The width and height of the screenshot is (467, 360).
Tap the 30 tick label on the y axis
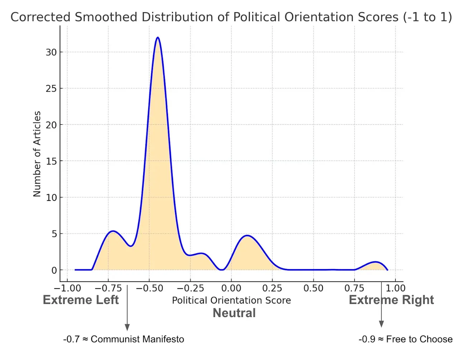tap(51, 52)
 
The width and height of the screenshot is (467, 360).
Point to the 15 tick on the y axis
tap(51, 161)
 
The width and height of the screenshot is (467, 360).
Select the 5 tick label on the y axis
tap(54, 234)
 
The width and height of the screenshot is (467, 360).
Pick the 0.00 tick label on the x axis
tap(231, 288)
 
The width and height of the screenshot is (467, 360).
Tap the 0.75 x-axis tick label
tap(354, 288)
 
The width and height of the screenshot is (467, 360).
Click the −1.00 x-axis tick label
tap(67, 288)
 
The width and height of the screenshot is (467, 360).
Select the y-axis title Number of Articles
tap(37, 154)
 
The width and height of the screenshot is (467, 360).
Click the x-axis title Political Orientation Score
tap(231, 300)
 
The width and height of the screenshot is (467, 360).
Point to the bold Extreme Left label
tap(81, 300)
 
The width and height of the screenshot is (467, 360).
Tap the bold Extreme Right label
tap(391, 300)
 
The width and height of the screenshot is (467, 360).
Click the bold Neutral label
tap(234, 313)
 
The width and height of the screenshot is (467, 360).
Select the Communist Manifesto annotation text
tap(124, 339)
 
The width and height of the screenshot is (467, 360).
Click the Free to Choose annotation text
tap(405, 339)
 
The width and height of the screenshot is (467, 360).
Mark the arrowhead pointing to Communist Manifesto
tap(127, 327)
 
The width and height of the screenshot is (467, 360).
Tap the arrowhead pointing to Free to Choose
tap(381, 324)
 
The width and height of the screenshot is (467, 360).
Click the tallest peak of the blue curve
tap(157, 38)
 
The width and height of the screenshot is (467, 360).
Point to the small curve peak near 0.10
tap(247, 235)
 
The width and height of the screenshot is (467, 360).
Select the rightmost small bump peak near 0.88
tap(375, 262)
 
